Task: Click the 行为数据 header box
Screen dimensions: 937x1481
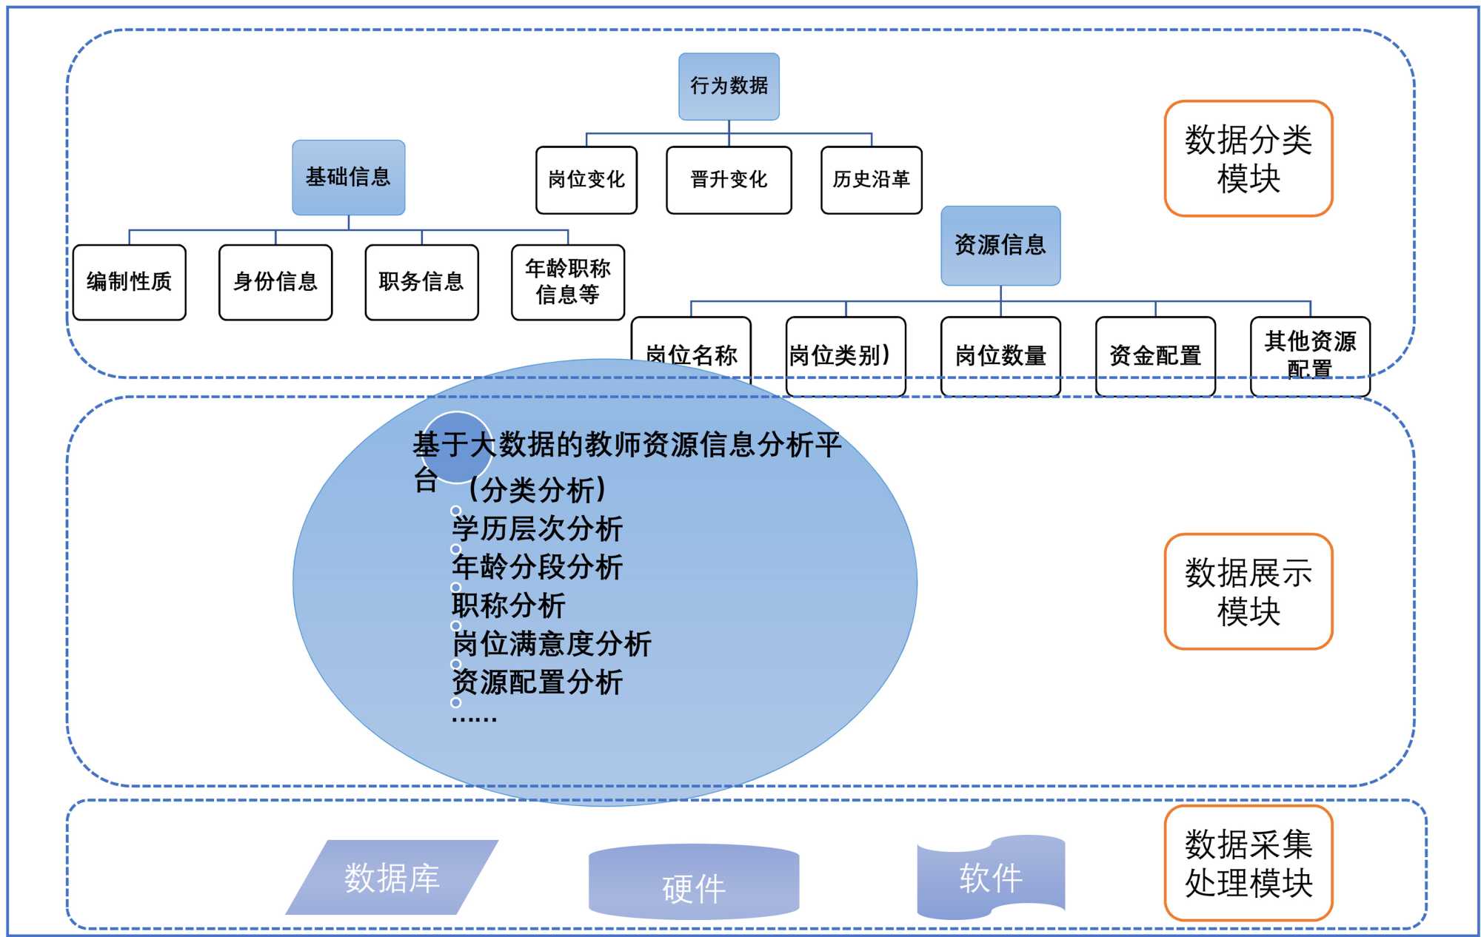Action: (x=729, y=86)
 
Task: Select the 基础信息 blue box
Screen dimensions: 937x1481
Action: (x=348, y=177)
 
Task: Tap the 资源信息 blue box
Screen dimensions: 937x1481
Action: (x=1000, y=245)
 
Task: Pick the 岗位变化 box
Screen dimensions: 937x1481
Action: (x=586, y=180)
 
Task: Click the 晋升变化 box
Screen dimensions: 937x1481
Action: (x=729, y=180)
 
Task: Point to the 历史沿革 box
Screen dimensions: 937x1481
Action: (x=871, y=180)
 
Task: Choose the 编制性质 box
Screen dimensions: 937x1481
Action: (x=129, y=282)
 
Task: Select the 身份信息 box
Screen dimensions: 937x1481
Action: (x=275, y=282)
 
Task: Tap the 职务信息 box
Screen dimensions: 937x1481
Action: (x=421, y=282)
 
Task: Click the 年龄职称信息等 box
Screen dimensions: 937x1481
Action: (x=567, y=282)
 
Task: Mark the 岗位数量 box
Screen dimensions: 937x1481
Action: (x=1000, y=356)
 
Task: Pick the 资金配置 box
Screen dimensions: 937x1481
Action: (x=1154, y=356)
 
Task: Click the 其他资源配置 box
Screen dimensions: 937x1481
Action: (x=1309, y=355)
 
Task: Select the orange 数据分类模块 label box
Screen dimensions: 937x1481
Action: (x=1248, y=158)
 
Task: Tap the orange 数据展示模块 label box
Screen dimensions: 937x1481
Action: (x=1248, y=591)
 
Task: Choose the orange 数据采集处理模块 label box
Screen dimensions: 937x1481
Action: (x=1248, y=863)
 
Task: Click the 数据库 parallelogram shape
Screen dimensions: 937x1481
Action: (x=392, y=878)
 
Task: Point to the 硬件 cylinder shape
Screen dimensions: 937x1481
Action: (x=693, y=884)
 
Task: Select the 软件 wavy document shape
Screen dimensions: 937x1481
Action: (x=990, y=877)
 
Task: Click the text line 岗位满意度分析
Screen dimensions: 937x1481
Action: (x=552, y=644)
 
